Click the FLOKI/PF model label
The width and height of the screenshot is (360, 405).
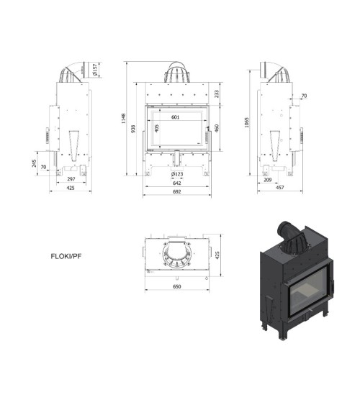[66, 257]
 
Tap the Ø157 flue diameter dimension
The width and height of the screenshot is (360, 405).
[95, 70]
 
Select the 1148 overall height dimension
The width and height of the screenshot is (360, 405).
[124, 118]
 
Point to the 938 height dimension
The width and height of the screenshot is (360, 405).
[133, 129]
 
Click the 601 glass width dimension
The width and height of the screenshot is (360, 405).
[175, 117]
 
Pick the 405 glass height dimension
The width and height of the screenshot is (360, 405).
[157, 128]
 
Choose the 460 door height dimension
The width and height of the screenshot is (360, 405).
[217, 128]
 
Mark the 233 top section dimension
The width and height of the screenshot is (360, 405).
[217, 94]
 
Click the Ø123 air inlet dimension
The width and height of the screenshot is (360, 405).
[177, 174]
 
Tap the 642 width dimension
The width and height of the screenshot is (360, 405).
[177, 183]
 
